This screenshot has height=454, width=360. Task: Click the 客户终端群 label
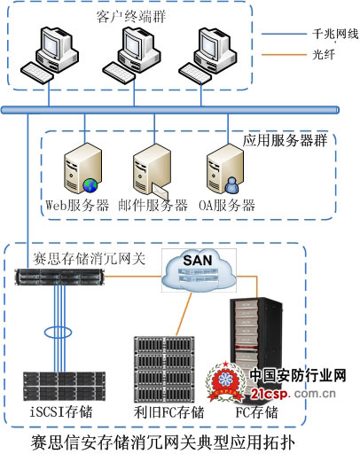coord(128,17)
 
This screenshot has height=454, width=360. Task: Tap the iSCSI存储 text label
coord(59,413)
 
